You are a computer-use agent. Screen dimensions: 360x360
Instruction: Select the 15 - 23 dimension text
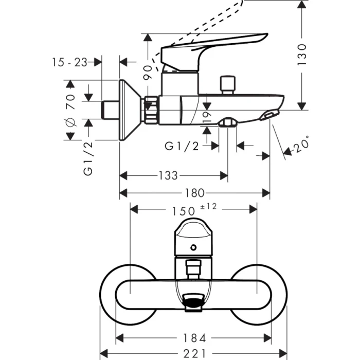[x=69, y=62]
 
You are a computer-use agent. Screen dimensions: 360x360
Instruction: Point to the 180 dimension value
[x=195, y=193]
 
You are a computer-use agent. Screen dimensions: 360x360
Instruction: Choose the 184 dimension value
[x=195, y=338]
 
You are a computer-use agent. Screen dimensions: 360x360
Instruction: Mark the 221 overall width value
[x=194, y=353]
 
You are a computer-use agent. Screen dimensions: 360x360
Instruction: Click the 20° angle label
[x=302, y=146]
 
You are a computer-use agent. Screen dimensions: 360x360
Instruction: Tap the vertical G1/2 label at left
[x=88, y=159]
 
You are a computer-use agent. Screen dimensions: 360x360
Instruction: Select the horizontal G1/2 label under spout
[x=182, y=146]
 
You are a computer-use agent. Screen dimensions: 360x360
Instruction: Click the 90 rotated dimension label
[x=149, y=71]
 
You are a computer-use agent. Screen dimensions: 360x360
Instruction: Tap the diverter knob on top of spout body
[x=227, y=85]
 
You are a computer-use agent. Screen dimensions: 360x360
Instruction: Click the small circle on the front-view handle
[x=193, y=248]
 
